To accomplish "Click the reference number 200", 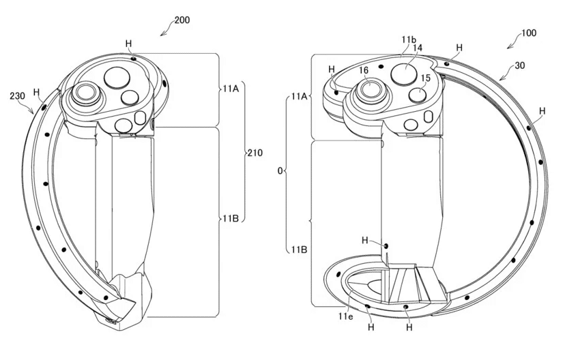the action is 182,20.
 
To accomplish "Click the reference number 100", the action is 529,33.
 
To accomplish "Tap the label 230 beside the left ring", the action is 17,96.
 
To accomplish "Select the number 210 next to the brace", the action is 255,153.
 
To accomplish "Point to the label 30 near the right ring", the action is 520,65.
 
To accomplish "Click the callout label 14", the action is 418,48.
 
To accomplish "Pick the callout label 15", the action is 426,78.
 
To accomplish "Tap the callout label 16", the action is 364,70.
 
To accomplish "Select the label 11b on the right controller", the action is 409,40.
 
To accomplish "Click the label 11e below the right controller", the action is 345,316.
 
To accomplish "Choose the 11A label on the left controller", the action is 231,88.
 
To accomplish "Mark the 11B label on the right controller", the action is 299,249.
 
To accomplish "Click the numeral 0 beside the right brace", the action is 280,170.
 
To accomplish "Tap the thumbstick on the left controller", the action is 85,94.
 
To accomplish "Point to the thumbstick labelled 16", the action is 369,89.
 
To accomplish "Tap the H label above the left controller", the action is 129,44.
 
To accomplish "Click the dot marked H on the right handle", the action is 386,246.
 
